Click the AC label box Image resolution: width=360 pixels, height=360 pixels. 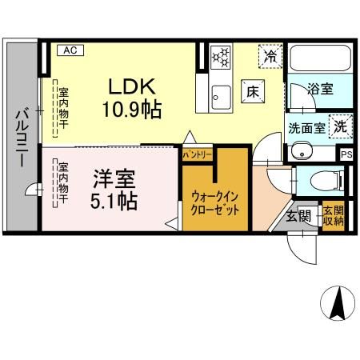(70, 50)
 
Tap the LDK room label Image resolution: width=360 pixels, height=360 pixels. (122, 86)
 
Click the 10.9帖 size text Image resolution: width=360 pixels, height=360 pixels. (130, 110)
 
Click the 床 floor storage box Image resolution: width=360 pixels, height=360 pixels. (250, 92)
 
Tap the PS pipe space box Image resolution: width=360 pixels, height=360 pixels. (346, 154)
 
